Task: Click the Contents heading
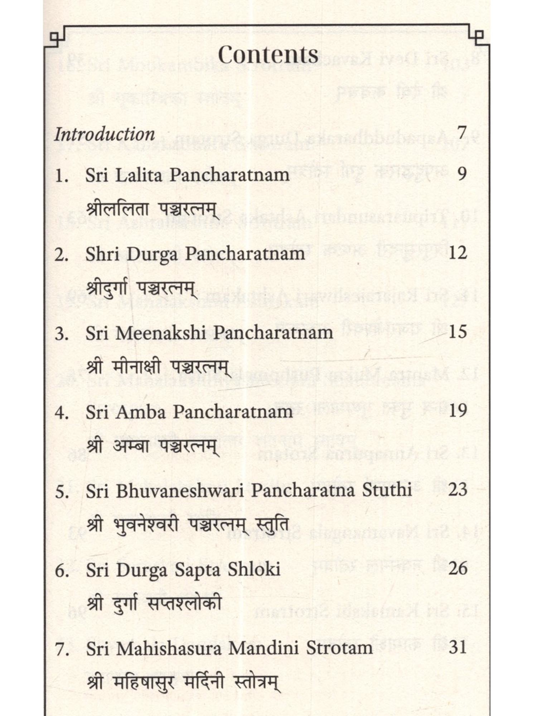[x=268, y=55]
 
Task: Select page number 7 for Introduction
[x=462, y=133]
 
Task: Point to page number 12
[x=458, y=253]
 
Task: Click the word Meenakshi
[x=165, y=333]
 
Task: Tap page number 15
[x=458, y=332]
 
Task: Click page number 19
[x=458, y=411]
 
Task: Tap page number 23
[x=458, y=490]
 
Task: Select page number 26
[x=458, y=569]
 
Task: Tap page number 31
[x=458, y=647]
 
